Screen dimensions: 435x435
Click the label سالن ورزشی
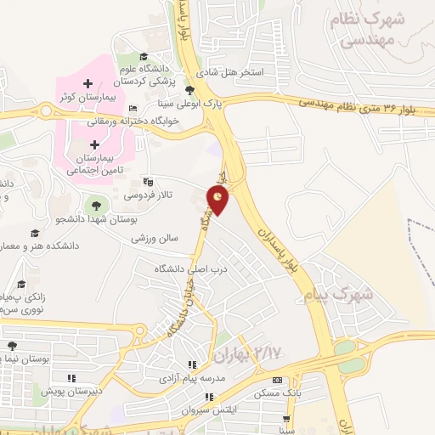(155, 239)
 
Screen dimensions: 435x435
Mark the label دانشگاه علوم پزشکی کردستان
(161, 75)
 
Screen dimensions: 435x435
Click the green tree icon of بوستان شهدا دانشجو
(93, 205)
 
